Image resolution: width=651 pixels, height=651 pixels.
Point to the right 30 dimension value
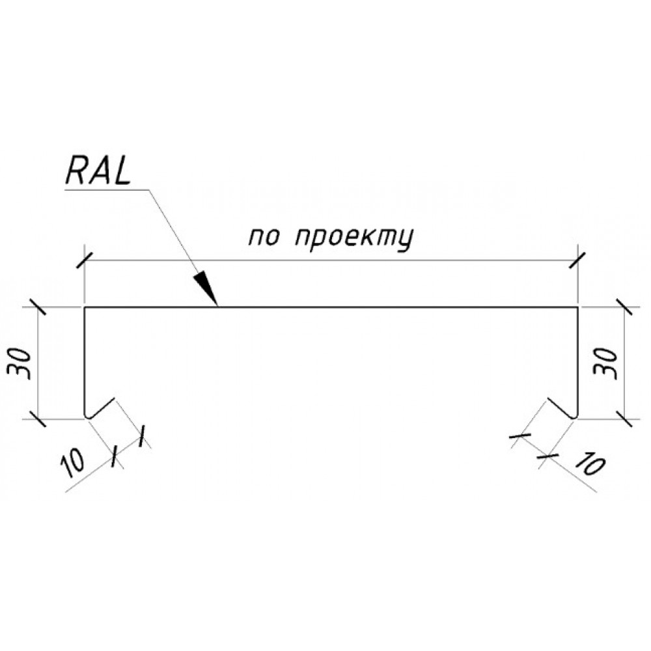605,363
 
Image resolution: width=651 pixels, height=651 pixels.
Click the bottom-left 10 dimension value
73,463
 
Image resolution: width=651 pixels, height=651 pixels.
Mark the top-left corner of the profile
85,308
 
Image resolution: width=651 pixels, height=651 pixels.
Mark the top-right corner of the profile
578,308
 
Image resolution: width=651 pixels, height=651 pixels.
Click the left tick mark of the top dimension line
85,260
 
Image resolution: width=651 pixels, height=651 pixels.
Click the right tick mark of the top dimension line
578,260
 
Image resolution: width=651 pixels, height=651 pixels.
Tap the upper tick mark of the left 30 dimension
38,308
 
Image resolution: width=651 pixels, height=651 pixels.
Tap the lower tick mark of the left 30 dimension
38,419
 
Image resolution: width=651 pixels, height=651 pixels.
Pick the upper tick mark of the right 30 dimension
625,308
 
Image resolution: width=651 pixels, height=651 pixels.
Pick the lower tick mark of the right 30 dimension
625,419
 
